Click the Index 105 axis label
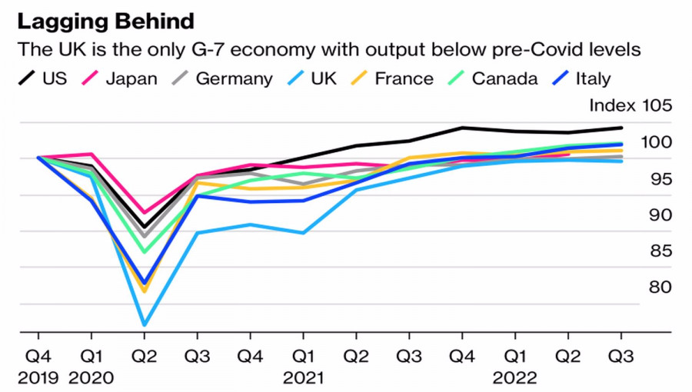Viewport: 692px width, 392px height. (x=630, y=106)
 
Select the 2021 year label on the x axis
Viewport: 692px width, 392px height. (x=303, y=377)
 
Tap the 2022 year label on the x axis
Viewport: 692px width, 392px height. (x=515, y=377)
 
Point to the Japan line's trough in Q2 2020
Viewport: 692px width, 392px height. (x=144, y=213)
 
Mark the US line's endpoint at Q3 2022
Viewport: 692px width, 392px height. (x=621, y=128)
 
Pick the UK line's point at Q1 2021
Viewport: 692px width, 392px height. (x=303, y=232)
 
